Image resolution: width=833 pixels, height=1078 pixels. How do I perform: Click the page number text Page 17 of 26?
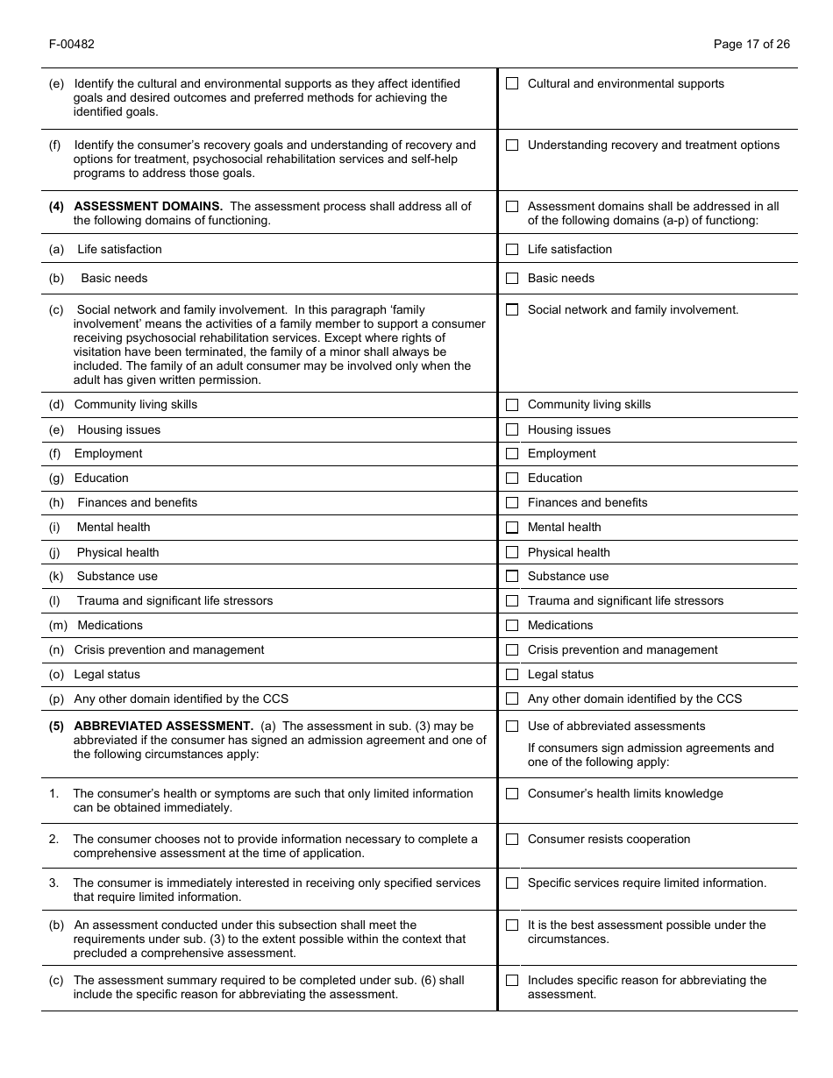(751, 44)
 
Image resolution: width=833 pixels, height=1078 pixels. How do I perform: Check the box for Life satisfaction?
(512, 250)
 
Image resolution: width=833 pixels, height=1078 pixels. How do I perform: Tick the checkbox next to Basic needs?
(512, 279)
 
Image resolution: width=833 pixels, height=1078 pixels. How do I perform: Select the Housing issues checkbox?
(512, 430)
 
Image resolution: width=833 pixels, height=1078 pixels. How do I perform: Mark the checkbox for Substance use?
(512, 577)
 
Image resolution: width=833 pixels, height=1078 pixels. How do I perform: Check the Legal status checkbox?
(512, 675)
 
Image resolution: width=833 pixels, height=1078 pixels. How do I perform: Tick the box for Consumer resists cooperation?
(512, 840)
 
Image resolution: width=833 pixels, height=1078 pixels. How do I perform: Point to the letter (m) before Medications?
(59, 626)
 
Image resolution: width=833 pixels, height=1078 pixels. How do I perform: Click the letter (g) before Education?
(57, 479)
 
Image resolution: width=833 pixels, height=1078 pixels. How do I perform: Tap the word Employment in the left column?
(108, 454)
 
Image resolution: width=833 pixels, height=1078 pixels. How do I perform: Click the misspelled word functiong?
(731, 221)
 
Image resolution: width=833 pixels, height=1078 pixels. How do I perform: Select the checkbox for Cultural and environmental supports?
(512, 84)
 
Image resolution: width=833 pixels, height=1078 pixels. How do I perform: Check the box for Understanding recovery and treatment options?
(512, 145)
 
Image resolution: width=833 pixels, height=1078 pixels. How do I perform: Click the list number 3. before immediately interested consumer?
(54, 883)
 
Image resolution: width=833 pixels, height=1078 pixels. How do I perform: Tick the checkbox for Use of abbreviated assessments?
(512, 727)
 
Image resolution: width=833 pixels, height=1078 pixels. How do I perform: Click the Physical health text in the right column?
(568, 553)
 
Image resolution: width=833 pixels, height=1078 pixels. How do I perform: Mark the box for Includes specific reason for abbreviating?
(512, 981)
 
